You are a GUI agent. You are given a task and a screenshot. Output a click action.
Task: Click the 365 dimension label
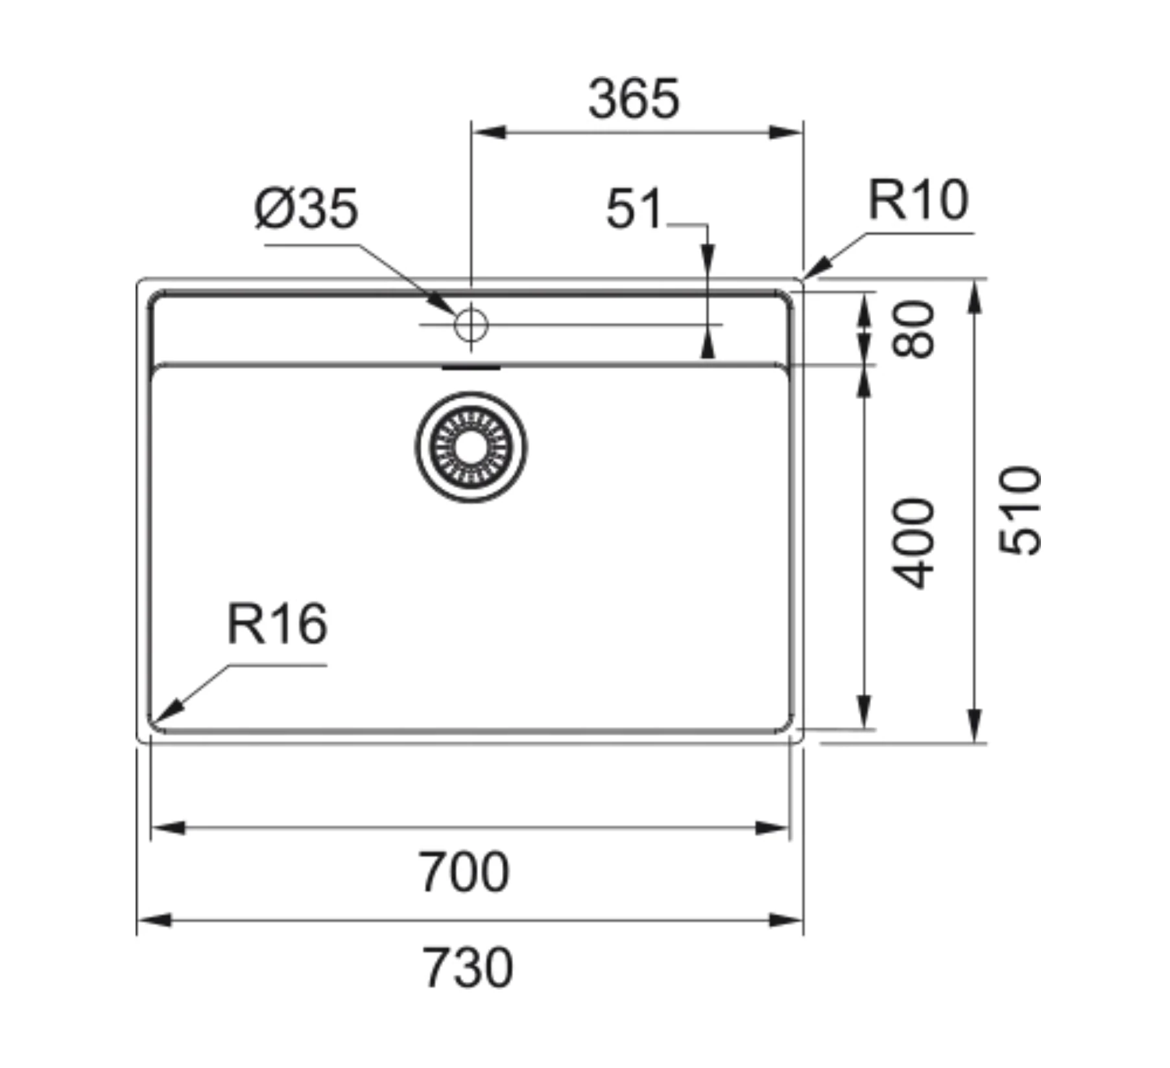[x=634, y=99]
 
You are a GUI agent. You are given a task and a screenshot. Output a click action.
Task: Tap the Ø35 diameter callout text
[x=306, y=209]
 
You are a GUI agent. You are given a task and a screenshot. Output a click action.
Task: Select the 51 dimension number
[x=634, y=209]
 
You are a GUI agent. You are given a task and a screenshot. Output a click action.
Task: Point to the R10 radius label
[x=918, y=200]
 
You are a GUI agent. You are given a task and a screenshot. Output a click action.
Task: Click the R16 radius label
[x=277, y=624]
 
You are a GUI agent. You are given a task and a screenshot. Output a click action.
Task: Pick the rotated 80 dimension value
[x=913, y=329]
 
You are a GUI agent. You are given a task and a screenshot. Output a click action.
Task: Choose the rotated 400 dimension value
[x=913, y=543]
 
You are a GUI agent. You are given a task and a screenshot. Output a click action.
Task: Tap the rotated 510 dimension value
[x=1019, y=511]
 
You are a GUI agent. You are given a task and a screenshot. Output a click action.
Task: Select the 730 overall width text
[x=467, y=968]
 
